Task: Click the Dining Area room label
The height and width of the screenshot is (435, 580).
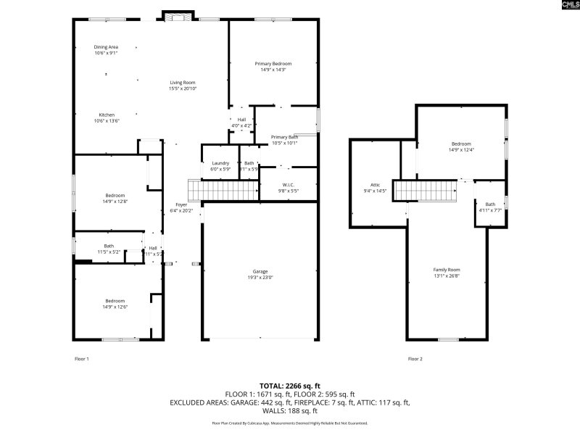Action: pos(106,47)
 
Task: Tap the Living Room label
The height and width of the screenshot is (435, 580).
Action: pos(183,83)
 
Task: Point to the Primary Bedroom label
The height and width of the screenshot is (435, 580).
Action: pos(273,64)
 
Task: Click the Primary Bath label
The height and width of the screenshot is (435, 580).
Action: pos(284,137)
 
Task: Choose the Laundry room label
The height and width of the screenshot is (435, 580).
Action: pos(220,163)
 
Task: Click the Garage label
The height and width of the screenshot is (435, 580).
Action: pos(260,271)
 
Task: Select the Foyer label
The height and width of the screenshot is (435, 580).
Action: pos(181,204)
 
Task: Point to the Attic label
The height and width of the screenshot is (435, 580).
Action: pos(375,185)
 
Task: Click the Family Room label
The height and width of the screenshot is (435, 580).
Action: pos(447,269)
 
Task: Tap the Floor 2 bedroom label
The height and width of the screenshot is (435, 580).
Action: pos(461,144)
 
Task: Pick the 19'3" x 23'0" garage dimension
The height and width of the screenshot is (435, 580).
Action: pos(260,277)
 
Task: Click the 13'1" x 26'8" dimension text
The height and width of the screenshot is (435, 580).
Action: pos(447,275)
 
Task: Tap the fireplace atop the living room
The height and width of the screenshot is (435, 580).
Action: pos(177,15)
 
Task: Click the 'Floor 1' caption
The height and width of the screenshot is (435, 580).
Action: pos(82,359)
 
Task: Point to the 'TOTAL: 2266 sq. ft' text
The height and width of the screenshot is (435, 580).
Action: pos(289,386)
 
